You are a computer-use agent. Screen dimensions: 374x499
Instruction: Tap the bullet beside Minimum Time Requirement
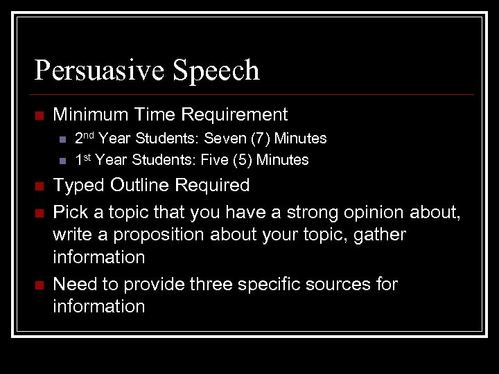click(x=39, y=115)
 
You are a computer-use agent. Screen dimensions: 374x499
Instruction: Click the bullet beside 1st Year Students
click(x=61, y=161)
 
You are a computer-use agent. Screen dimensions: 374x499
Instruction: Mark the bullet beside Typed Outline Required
click(x=39, y=186)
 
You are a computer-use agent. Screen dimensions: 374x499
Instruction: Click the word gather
click(x=380, y=235)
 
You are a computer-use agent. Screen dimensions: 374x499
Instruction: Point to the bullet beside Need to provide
click(x=39, y=285)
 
